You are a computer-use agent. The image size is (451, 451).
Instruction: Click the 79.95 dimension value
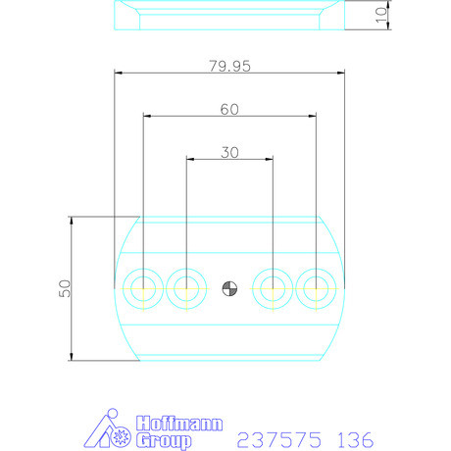click(x=229, y=66)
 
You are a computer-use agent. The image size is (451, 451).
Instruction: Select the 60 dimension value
click(x=229, y=110)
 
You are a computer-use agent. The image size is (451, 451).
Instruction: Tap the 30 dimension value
click(x=229, y=153)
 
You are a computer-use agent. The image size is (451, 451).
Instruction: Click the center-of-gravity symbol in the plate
click(x=229, y=288)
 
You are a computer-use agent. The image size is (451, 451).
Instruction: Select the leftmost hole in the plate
click(x=144, y=288)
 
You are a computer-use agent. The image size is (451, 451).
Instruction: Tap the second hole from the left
click(x=186, y=288)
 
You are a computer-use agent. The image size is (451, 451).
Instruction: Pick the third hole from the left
click(x=272, y=288)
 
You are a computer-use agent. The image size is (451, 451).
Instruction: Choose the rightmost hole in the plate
click(x=315, y=288)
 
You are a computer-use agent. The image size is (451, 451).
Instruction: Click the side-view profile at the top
click(x=229, y=16)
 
